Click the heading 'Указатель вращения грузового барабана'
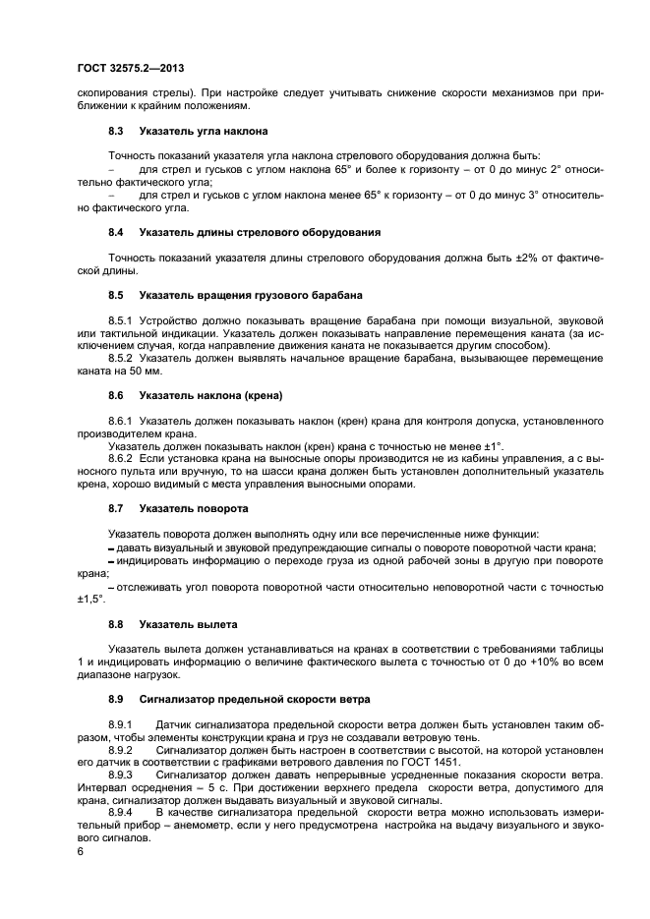[251, 295]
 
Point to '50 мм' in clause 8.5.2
[133, 372]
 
